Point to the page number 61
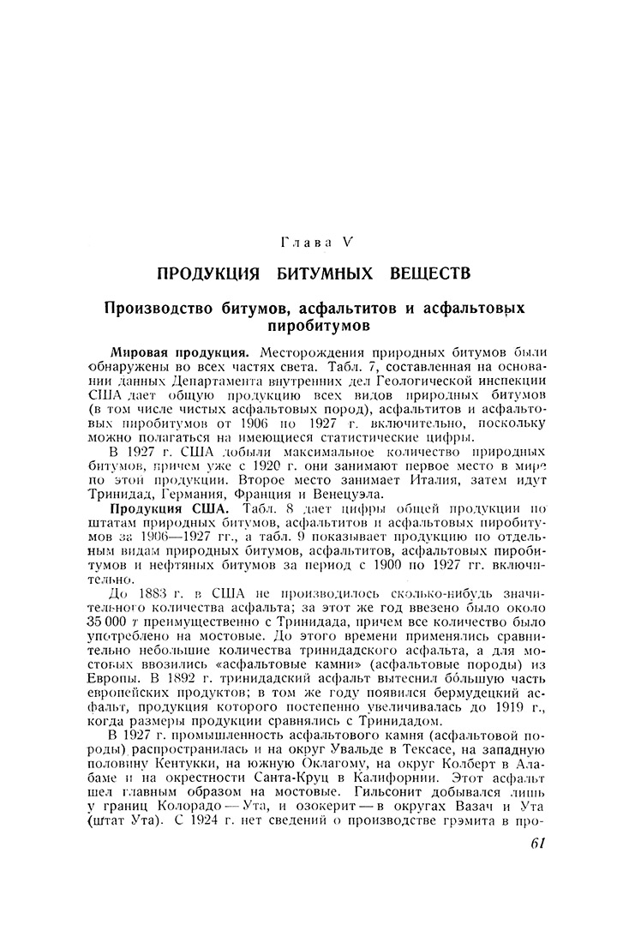538,844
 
